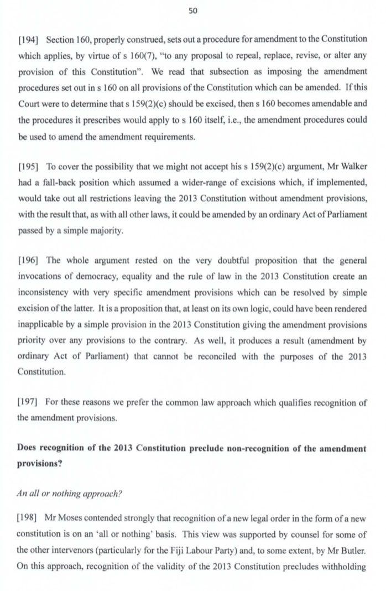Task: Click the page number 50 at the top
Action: (x=193, y=11)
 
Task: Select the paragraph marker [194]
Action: (x=29, y=39)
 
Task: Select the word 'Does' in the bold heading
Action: (x=28, y=449)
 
